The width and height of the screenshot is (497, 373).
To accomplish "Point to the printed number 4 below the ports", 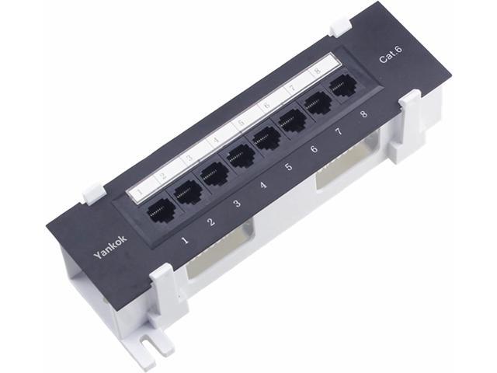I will [263, 186].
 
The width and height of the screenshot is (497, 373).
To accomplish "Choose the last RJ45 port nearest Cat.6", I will [342, 89].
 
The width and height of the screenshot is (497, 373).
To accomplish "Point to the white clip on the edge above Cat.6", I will [339, 27].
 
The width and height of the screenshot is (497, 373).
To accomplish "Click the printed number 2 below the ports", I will [211, 223].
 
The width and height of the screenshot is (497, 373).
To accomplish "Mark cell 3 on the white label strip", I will [188, 156].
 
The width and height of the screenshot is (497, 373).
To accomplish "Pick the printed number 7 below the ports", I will [339, 132].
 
